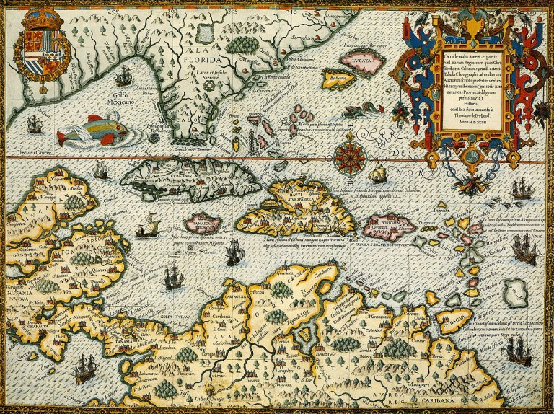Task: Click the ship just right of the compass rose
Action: click(378, 173)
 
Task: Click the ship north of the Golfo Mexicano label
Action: click(123, 75)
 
